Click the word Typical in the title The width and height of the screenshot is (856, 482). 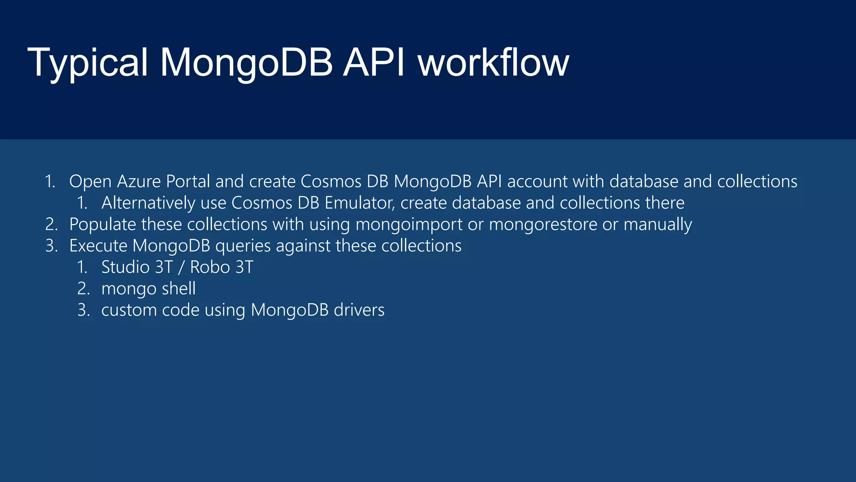[87, 63]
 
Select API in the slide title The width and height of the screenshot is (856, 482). [374, 63]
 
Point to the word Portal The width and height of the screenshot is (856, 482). [188, 182]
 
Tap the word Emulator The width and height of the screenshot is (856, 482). [360, 203]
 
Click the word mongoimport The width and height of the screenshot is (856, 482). [409, 225]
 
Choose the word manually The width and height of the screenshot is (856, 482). [657, 225]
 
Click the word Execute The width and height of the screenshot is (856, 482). [98, 246]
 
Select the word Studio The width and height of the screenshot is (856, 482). [125, 267]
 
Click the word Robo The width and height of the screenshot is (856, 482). [210, 267]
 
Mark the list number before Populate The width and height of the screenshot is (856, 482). [51, 225]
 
